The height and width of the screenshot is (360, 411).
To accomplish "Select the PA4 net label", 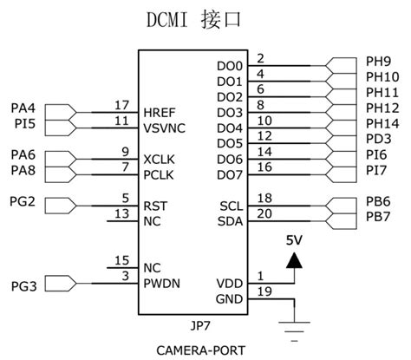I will point(23,108).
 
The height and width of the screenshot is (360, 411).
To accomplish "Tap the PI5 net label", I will point(23,124).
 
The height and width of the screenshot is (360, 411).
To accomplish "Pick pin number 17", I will point(122,104).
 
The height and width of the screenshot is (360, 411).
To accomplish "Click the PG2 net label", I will point(23,202).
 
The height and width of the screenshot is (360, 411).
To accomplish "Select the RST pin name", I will point(155,206).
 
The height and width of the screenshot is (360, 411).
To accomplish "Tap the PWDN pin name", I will point(162,283).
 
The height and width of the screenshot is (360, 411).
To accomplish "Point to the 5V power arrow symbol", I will point(295,259).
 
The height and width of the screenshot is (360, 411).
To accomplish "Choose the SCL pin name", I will point(232,205).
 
